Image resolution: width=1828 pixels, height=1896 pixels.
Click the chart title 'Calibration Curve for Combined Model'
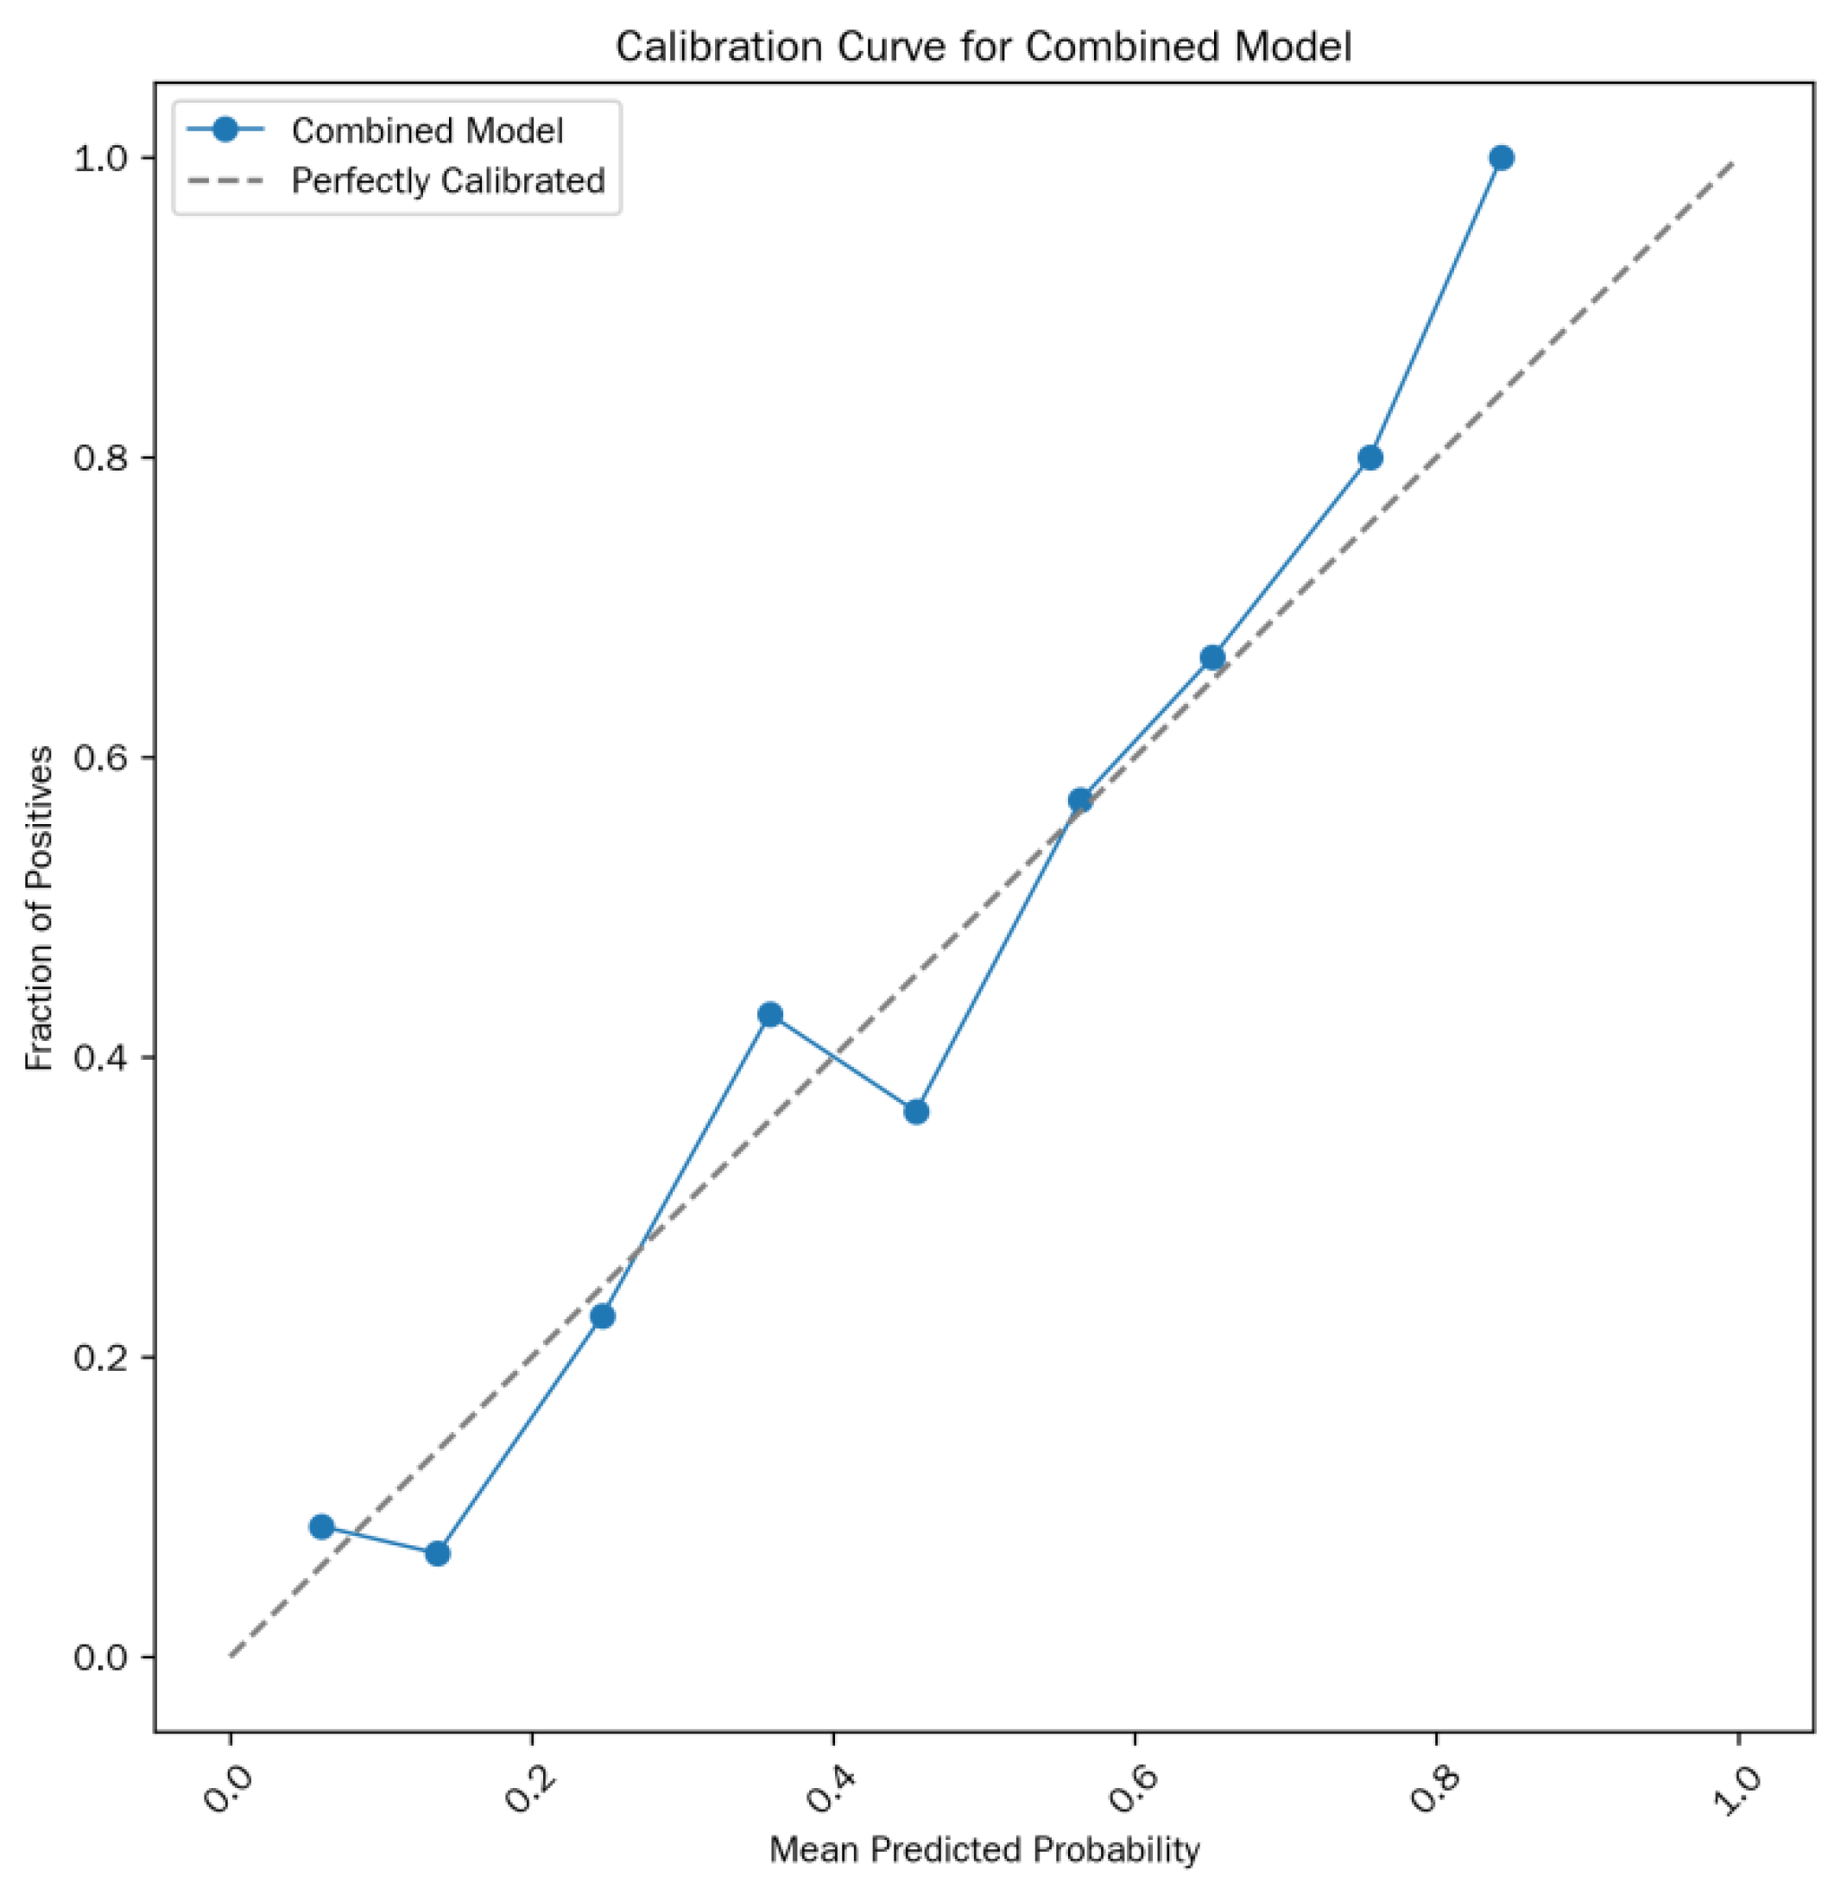[983, 47]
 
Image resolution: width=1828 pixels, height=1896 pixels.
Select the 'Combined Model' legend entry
[427, 130]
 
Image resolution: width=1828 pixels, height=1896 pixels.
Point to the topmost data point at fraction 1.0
[1501, 158]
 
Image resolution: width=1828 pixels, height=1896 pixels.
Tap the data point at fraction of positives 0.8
[1369, 458]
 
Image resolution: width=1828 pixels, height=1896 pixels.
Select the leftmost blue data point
[322, 1526]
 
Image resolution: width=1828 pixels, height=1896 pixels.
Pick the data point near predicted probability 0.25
[603, 1316]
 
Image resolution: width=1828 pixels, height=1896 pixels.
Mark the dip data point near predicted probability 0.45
[916, 1112]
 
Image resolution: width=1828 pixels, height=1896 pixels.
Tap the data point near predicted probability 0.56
[1080, 800]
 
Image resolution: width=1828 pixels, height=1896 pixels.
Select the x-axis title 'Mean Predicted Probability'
[984, 1849]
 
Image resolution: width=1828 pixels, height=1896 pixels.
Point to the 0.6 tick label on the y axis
[100, 758]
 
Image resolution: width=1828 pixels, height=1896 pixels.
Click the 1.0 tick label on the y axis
[100, 158]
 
